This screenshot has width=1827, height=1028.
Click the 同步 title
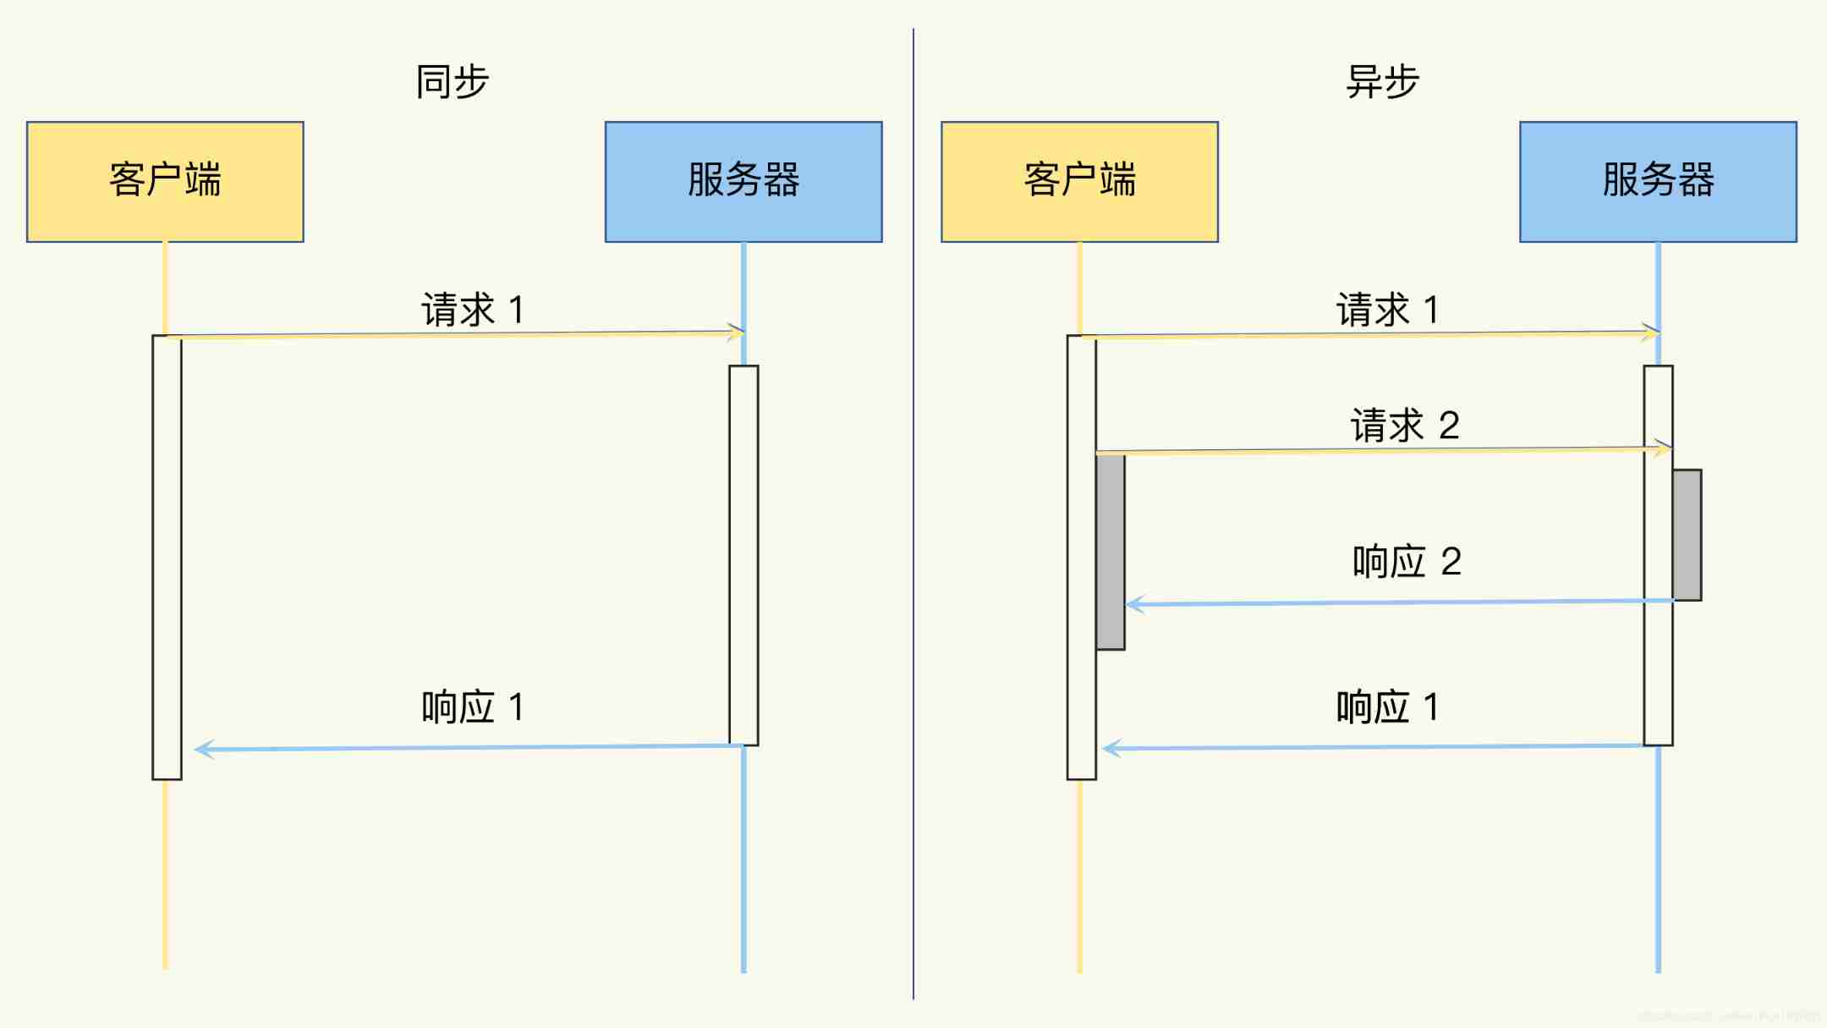453,82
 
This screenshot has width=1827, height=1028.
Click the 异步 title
1382,82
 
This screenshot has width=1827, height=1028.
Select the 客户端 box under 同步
165,182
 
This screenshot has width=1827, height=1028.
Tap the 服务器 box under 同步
743,182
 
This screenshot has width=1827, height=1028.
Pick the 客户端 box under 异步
1079,182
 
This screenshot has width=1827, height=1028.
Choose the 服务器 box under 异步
1658,182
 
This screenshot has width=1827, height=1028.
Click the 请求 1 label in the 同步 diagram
473,310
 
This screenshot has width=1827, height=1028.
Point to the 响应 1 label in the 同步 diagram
473,707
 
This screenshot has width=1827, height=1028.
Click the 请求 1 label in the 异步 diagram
1388,310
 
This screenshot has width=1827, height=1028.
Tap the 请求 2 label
1405,426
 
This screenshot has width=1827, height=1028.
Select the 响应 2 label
1407,562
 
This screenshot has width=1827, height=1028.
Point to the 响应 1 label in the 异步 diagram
1388,707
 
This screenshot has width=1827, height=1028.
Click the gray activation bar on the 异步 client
1111,552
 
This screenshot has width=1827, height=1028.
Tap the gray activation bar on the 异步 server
1687,535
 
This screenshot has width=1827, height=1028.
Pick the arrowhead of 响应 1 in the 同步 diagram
202,749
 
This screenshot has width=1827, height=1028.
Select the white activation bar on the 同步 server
743,555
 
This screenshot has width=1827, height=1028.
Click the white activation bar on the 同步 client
167,557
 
